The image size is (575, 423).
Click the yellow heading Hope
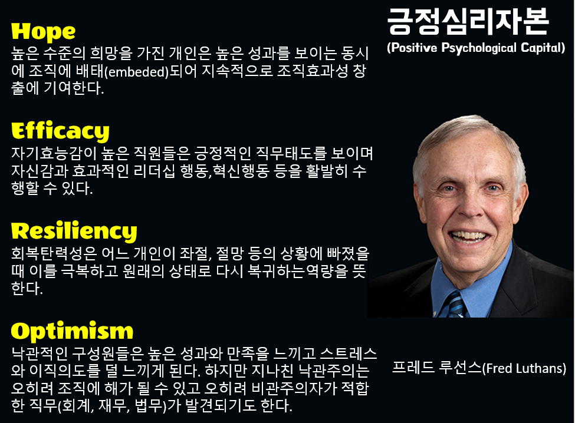(x=44, y=31)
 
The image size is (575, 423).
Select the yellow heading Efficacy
(x=60, y=130)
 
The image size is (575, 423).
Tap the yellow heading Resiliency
(x=74, y=230)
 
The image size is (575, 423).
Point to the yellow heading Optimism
(x=72, y=331)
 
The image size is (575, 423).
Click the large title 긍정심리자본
(x=468, y=23)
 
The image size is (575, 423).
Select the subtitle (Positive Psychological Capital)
(x=476, y=48)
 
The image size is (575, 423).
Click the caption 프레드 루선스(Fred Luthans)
(x=478, y=369)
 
